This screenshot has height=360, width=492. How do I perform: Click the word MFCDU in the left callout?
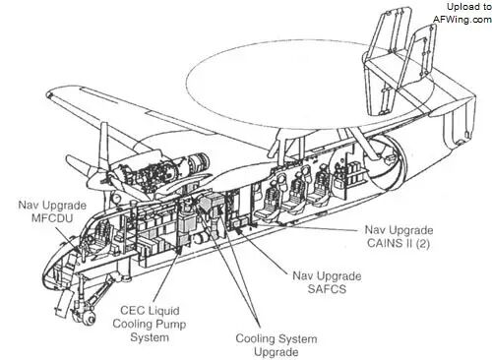[x=52, y=218]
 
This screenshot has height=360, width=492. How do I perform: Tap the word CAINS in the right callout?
[x=384, y=243]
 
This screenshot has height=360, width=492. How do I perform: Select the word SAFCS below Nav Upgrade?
[x=327, y=289]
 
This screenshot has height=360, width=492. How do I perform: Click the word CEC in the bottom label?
[x=132, y=311]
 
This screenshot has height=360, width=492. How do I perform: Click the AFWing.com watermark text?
[x=462, y=20]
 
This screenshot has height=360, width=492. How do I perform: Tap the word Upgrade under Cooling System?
[x=277, y=353]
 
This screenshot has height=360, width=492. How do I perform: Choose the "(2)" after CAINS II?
[x=422, y=243]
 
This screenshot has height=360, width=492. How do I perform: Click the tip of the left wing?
[x=50, y=95]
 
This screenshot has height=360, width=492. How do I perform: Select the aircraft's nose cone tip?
[x=50, y=273]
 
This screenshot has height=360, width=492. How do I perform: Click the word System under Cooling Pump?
[x=150, y=337]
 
